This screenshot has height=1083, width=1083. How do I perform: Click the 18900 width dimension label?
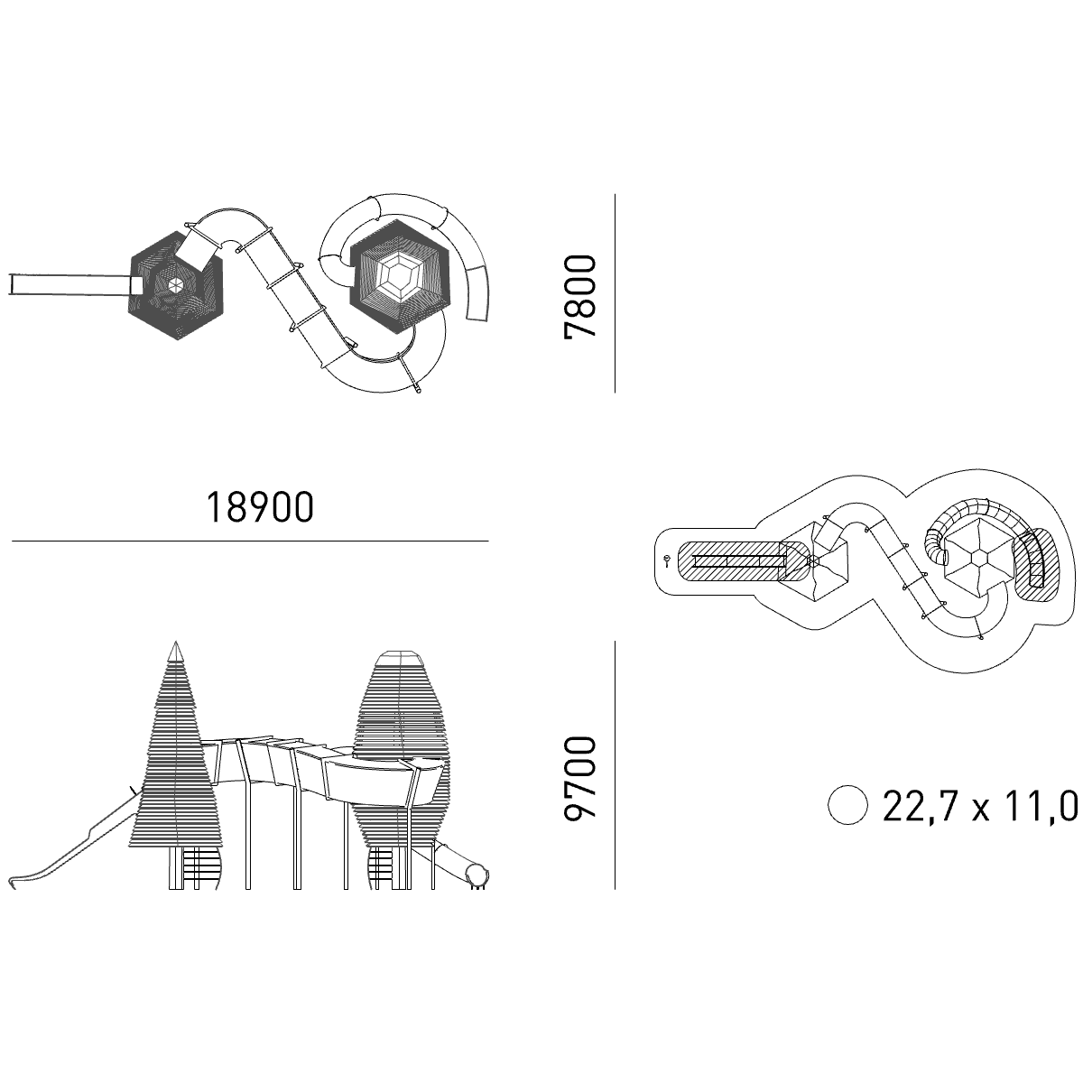[x=260, y=507]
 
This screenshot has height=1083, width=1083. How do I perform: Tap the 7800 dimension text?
[x=579, y=297]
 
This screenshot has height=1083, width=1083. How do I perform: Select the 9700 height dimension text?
[x=579, y=779]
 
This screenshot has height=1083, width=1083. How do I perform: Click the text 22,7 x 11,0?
[x=980, y=806]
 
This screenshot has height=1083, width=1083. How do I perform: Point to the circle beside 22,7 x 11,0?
[x=848, y=805]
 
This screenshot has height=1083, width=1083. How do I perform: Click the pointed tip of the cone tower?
[x=176, y=642]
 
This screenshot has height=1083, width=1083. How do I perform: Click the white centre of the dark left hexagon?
[x=175, y=286]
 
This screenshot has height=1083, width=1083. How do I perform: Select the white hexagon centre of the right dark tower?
[x=401, y=276]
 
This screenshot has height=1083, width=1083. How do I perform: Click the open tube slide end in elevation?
[x=477, y=875]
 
